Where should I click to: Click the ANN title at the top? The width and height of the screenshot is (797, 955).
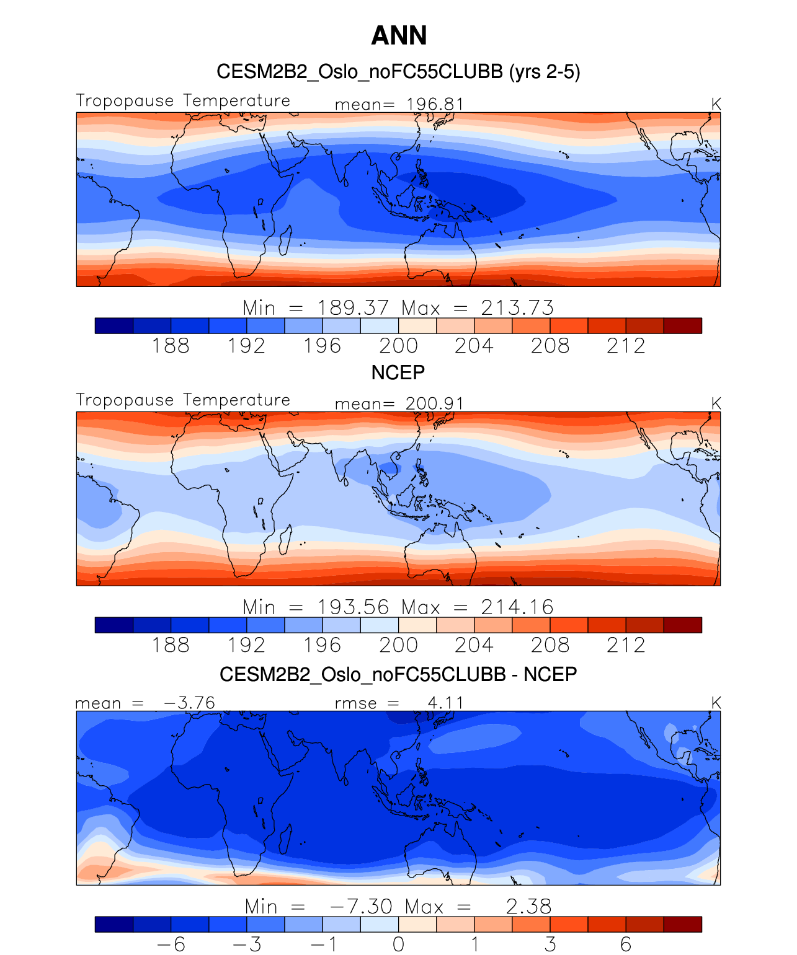(399, 35)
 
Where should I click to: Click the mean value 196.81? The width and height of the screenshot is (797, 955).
(435, 104)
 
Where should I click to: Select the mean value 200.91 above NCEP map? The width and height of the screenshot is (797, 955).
(435, 403)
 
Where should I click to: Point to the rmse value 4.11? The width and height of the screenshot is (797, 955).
(445, 703)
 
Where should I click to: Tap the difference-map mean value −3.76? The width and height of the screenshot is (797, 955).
(189, 703)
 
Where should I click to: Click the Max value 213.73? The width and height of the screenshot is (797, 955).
(517, 307)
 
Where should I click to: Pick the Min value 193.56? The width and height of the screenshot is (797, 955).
(353, 607)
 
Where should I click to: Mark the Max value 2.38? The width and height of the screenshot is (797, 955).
(528, 906)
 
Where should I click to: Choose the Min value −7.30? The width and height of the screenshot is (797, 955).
(362, 906)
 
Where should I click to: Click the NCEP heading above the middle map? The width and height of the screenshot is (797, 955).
(398, 372)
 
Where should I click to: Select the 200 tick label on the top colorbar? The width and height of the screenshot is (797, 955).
(398, 346)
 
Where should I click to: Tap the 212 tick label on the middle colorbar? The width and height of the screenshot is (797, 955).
(626, 645)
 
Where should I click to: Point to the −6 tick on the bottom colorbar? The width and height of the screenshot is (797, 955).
(171, 944)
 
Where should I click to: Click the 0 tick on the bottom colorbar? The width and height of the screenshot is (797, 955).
(398, 944)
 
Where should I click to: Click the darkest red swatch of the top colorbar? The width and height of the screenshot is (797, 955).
(682, 325)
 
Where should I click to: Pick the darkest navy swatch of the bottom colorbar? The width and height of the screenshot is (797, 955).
(114, 924)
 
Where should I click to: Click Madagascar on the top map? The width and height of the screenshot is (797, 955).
(285, 240)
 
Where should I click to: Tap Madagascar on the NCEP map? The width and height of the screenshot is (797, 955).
(285, 539)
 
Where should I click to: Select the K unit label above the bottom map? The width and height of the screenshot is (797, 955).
(716, 703)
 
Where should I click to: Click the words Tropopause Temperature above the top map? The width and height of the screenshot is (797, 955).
(183, 100)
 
